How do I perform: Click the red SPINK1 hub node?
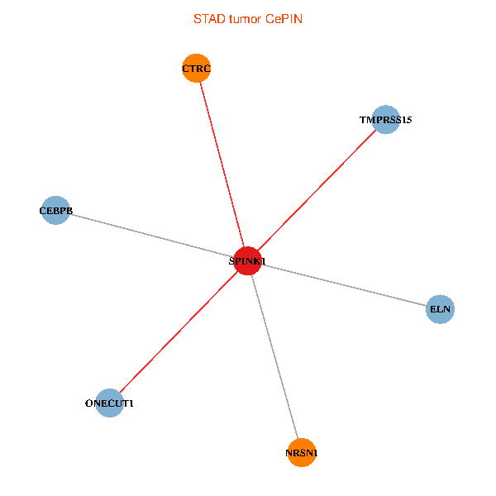tap(248, 260)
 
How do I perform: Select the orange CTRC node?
tap(197, 68)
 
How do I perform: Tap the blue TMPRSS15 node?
tap(385, 120)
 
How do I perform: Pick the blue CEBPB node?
tap(55, 210)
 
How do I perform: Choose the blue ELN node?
tap(440, 309)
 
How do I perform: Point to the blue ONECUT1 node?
tap(109, 403)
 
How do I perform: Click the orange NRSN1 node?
tap(302, 453)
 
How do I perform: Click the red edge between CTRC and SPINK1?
tap(222, 165)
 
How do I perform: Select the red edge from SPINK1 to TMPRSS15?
tap(317, 190)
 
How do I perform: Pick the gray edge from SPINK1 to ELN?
tap(344, 285)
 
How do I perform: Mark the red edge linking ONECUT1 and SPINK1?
tap(179, 331)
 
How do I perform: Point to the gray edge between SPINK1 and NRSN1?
tap(274, 357)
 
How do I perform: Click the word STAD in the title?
tap(209, 19)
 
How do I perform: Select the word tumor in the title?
tap(246, 19)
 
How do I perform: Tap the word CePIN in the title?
tap(284, 19)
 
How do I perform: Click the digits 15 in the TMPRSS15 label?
tap(407, 120)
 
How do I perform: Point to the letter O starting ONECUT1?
tap(89, 403)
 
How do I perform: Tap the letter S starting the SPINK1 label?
tap(231, 261)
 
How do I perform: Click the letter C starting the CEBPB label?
tap(42, 211)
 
